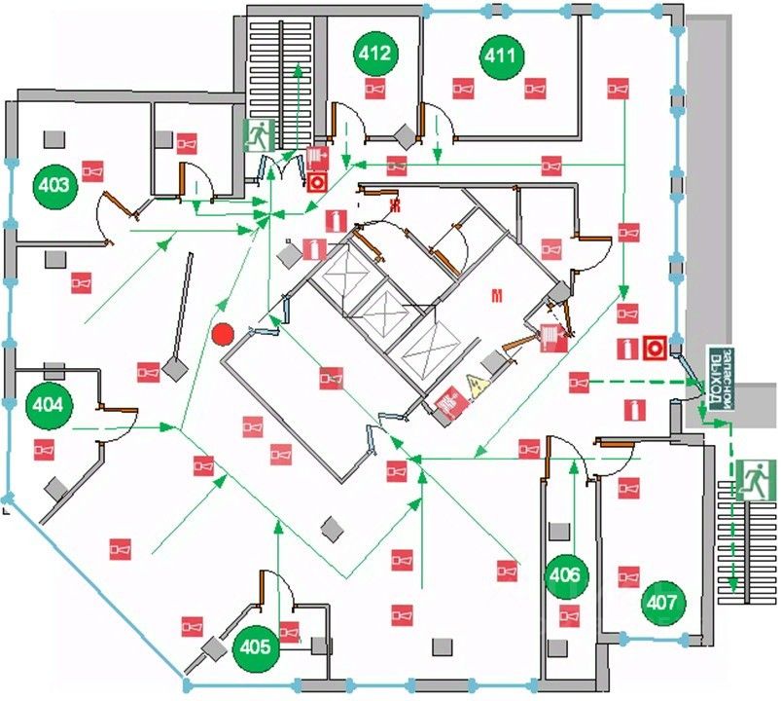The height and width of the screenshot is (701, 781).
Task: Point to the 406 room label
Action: [x=565, y=576]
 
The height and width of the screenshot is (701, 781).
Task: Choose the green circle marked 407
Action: [x=661, y=603]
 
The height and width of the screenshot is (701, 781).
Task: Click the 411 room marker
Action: [x=501, y=55]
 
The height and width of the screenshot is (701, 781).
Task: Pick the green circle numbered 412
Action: [x=375, y=53]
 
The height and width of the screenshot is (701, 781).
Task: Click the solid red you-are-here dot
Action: [x=223, y=334]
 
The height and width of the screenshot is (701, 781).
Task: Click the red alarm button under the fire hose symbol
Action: [x=317, y=181]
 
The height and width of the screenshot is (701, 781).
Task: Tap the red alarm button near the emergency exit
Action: [x=654, y=347]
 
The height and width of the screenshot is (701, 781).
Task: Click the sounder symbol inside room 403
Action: [x=92, y=171]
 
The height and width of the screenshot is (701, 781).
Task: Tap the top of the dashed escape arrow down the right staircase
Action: [x=730, y=424]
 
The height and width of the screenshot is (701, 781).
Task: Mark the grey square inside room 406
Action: [x=559, y=531]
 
